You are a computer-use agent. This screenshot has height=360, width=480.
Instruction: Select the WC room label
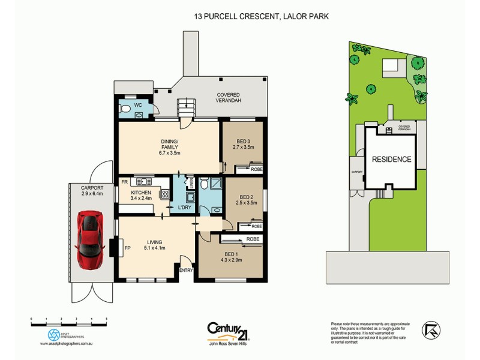[137, 105]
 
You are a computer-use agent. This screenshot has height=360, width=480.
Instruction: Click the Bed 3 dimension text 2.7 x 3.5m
[243, 147]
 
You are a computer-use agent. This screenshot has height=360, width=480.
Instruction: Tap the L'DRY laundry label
[184, 208]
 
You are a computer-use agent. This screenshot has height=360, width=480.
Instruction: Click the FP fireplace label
[127, 247]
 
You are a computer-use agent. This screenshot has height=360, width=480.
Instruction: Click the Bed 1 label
[231, 255]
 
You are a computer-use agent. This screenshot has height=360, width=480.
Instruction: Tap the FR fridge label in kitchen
[125, 181]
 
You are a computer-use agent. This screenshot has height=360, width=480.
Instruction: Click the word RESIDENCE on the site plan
[391, 160]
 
